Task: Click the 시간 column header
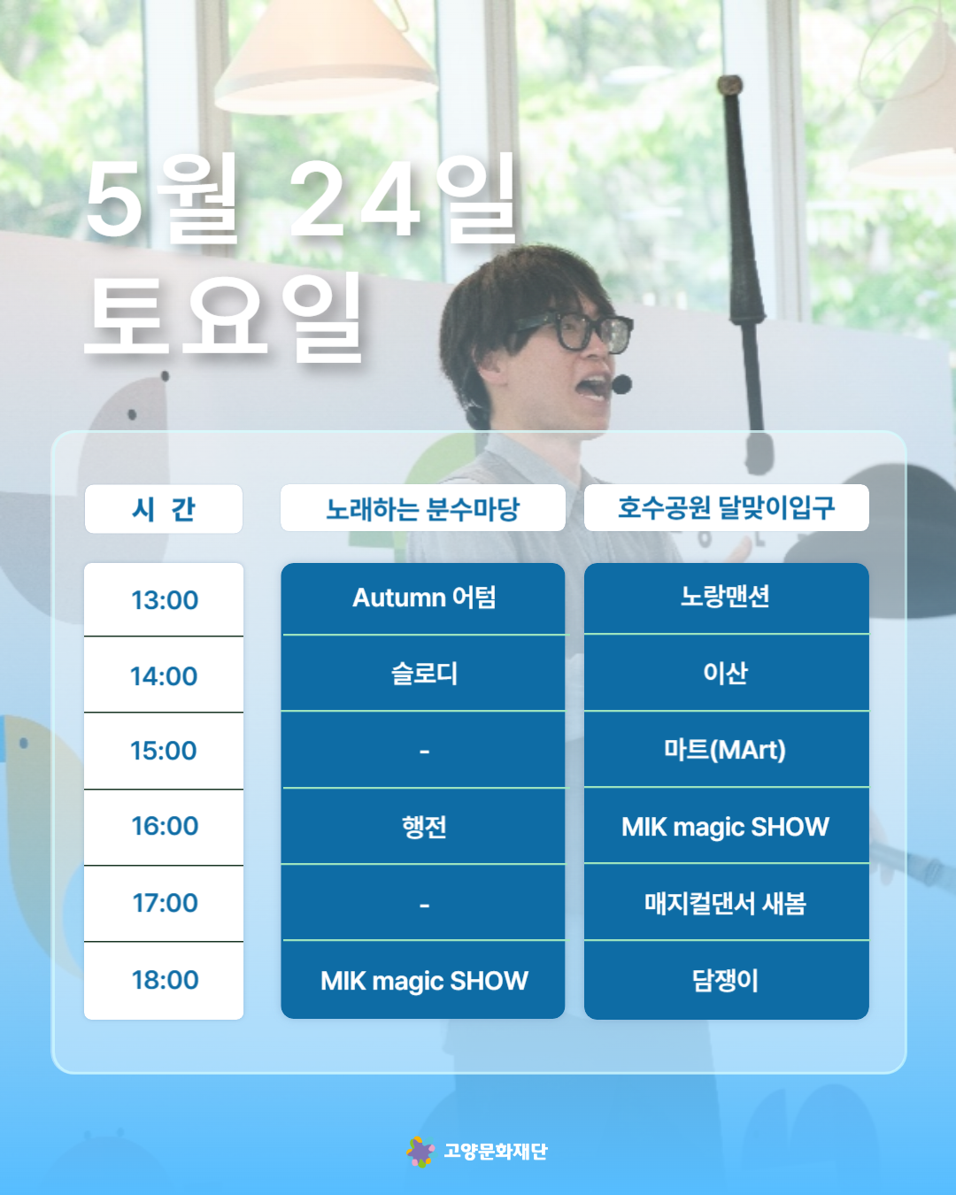[x=163, y=509]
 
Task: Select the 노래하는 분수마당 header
[x=423, y=507]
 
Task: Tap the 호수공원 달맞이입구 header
[x=726, y=507]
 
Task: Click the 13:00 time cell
[x=164, y=600]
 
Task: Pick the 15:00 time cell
[x=164, y=751]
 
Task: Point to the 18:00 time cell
[x=164, y=980]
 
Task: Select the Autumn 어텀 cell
[x=423, y=598]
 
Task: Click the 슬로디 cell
[x=423, y=674]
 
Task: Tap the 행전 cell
[x=423, y=826]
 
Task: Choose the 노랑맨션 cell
[x=726, y=597]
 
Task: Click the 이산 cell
[x=726, y=673]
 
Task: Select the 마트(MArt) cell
[x=726, y=750]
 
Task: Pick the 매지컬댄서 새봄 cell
[x=726, y=903]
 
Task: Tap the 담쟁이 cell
[x=726, y=981]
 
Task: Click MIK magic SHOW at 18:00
[x=423, y=981]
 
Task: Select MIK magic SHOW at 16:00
[x=726, y=826]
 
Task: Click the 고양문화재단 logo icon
[x=420, y=1151]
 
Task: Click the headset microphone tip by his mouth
[x=621, y=384]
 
